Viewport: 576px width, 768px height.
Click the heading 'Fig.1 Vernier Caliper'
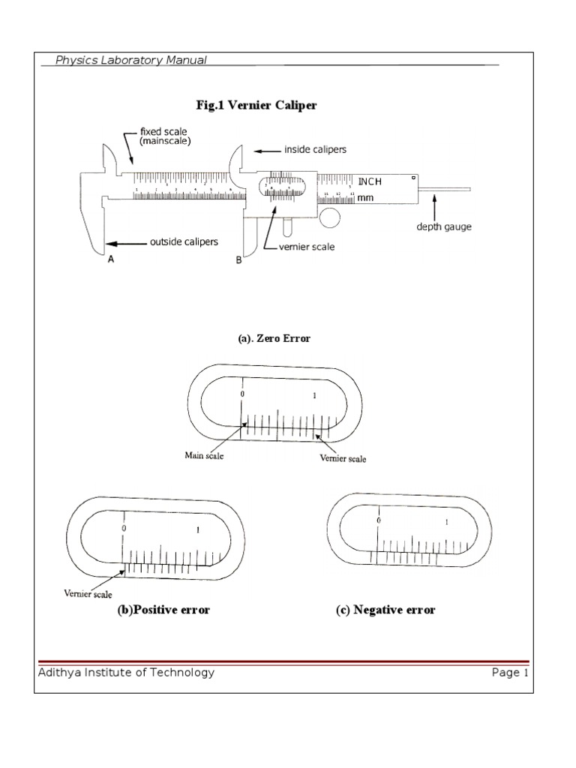pyautogui.click(x=256, y=105)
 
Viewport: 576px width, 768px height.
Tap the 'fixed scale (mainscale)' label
pyautogui.click(x=163, y=136)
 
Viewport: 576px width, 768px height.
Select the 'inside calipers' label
pyautogui.click(x=315, y=150)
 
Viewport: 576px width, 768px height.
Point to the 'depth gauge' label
pyautogui.click(x=444, y=227)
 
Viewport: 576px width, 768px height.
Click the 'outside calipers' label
pyautogui.click(x=184, y=242)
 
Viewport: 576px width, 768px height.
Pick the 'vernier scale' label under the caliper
pyautogui.click(x=307, y=247)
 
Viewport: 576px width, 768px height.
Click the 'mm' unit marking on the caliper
pyautogui.click(x=365, y=198)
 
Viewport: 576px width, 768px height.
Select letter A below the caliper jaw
pyautogui.click(x=111, y=259)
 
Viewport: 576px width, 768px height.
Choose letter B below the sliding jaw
pyautogui.click(x=238, y=260)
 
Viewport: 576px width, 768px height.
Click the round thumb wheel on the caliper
pyautogui.click(x=329, y=217)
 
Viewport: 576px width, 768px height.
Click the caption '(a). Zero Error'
pyautogui.click(x=274, y=339)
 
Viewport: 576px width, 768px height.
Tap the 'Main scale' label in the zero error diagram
pyautogui.click(x=204, y=454)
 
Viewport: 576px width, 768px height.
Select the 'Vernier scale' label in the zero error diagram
pyautogui.click(x=343, y=458)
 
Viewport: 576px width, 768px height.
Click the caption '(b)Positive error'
pyautogui.click(x=163, y=610)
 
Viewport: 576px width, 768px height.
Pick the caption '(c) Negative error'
pyautogui.click(x=385, y=610)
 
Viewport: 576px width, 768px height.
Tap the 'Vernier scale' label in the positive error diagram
pyautogui.click(x=87, y=594)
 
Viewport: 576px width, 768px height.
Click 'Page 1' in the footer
pyautogui.click(x=510, y=673)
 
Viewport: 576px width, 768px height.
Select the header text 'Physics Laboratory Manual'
pyautogui.click(x=131, y=60)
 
